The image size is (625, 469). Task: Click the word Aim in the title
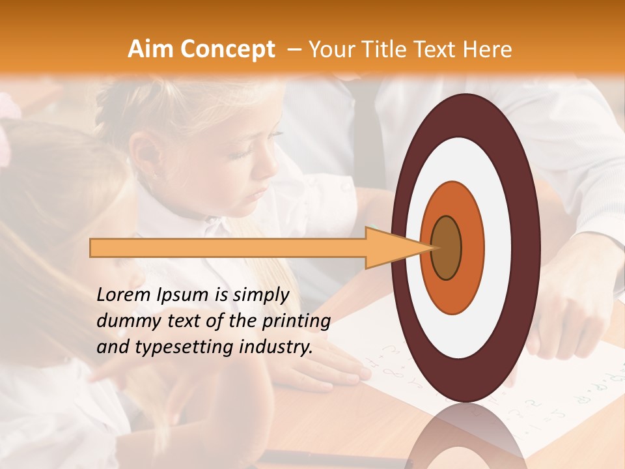click(151, 49)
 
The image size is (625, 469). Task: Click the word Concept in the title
click(228, 49)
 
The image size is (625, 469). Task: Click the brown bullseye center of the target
click(446, 248)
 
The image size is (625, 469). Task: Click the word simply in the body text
click(260, 295)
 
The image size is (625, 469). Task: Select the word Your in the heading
click(330, 49)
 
